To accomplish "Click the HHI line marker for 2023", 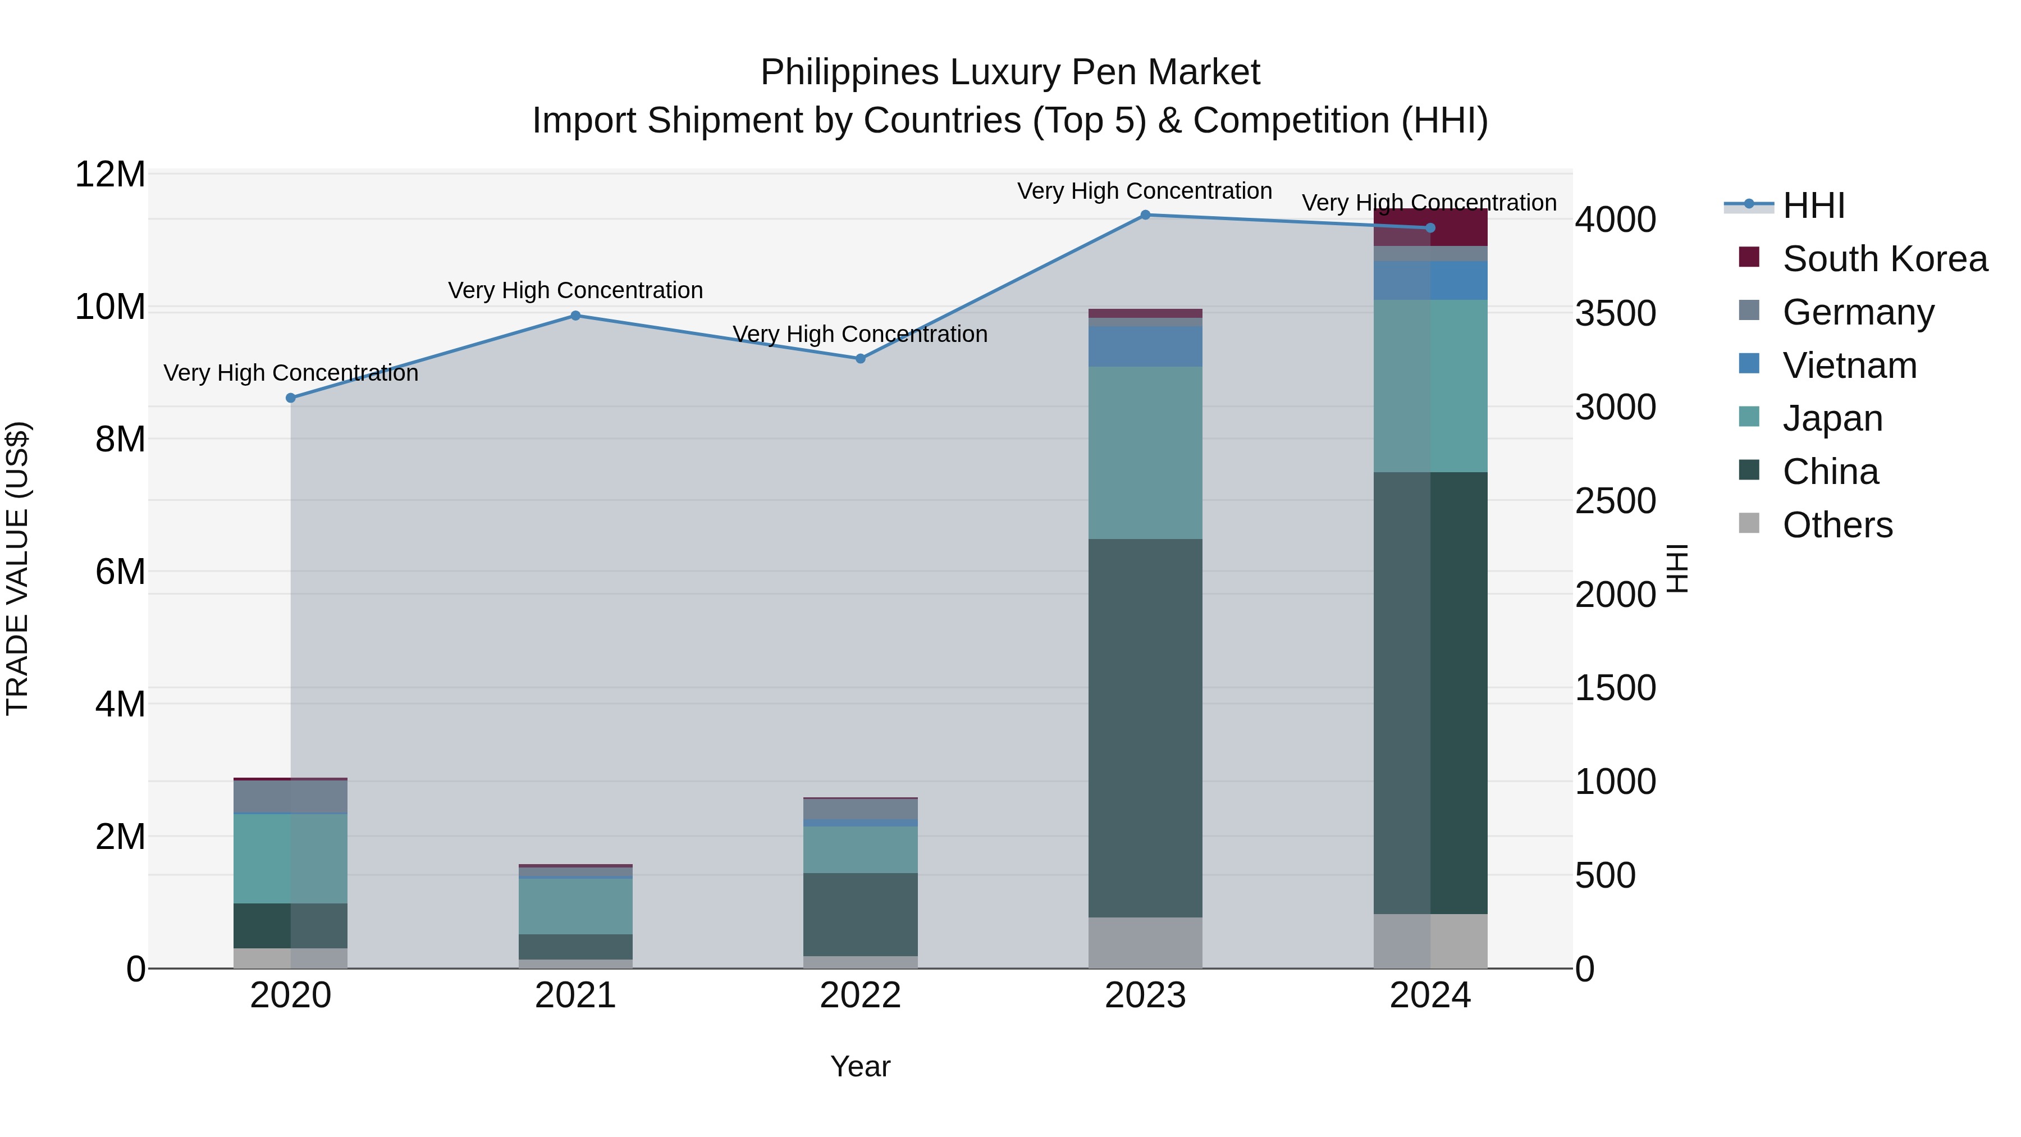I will pyautogui.click(x=1145, y=215).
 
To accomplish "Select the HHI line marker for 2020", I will pyautogui.click(x=291, y=398).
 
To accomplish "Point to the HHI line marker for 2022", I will pyautogui.click(x=860, y=359).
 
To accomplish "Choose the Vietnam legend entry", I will pyautogui.click(x=1849, y=366).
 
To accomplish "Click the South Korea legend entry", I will pyautogui.click(x=1885, y=259).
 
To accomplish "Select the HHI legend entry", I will pyautogui.click(x=1813, y=206).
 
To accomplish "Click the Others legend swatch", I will pyautogui.click(x=1749, y=523).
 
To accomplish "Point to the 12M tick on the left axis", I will pyautogui.click(x=110, y=174).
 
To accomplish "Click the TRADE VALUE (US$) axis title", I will pyautogui.click(x=17, y=568).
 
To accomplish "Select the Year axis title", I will pyautogui.click(x=860, y=1066).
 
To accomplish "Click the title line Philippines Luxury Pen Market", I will pyautogui.click(x=1010, y=72).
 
